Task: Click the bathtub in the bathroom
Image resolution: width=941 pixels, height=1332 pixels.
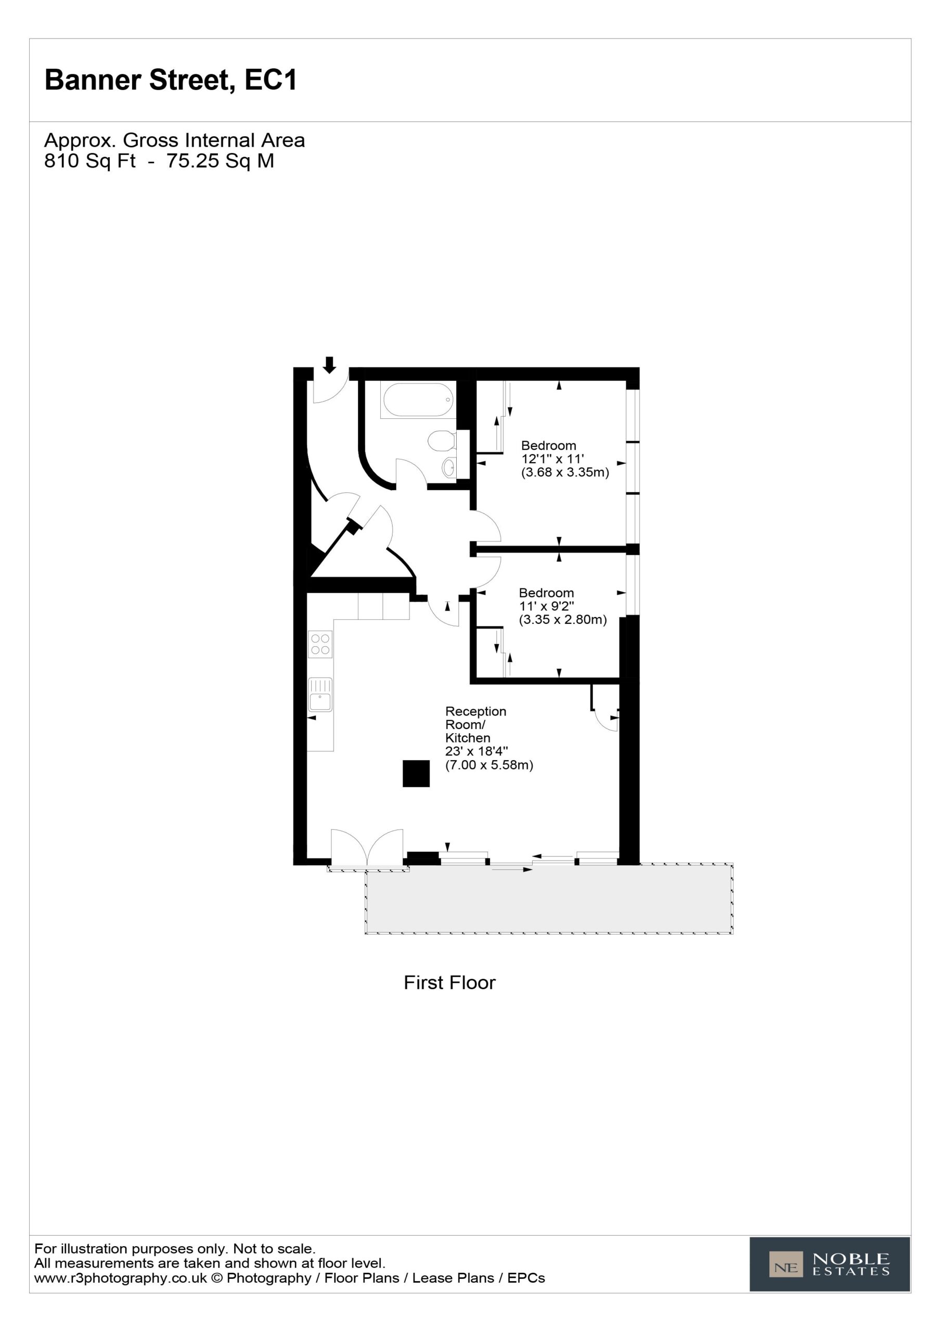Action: tap(417, 400)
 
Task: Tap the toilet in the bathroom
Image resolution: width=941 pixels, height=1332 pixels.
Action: tap(442, 440)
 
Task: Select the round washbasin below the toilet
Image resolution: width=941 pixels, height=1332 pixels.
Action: tap(448, 467)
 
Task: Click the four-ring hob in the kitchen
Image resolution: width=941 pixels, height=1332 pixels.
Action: tap(320, 645)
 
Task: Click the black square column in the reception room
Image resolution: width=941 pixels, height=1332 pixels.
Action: tap(416, 773)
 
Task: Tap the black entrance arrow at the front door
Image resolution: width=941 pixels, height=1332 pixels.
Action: tap(329, 365)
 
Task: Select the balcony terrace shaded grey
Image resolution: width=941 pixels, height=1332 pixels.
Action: tap(549, 899)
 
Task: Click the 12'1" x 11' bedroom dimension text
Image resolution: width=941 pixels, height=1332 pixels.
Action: tap(552, 459)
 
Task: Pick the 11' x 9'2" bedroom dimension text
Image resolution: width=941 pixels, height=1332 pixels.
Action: tap(547, 606)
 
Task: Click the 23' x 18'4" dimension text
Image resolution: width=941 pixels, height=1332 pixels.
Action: tap(476, 751)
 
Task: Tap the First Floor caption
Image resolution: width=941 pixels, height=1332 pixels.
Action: tap(449, 983)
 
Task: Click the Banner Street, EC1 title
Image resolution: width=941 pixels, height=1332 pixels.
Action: tap(171, 80)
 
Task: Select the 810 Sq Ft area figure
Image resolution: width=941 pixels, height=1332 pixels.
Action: tap(90, 161)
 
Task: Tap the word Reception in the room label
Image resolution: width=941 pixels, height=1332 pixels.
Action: tap(476, 711)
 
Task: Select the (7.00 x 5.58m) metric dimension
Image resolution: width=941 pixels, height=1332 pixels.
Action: tap(489, 765)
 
